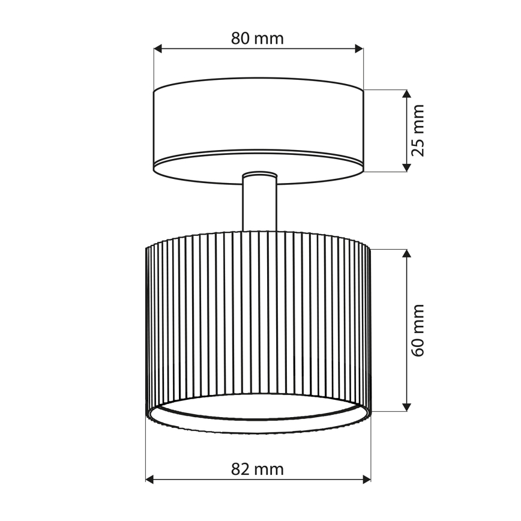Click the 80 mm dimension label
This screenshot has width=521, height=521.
pos(257,38)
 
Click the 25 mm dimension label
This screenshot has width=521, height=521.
pos(418,130)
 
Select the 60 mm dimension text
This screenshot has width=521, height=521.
pos(418,330)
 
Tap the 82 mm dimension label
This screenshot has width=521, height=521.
pos(257,469)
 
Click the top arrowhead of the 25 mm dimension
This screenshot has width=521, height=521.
pos(406,94)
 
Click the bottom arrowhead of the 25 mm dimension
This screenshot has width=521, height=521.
pos(406,167)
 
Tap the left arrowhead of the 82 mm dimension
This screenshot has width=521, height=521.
pos(150,479)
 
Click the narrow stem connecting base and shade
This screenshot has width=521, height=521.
pos(259,207)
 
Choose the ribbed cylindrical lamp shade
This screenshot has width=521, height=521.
pos(258,318)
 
